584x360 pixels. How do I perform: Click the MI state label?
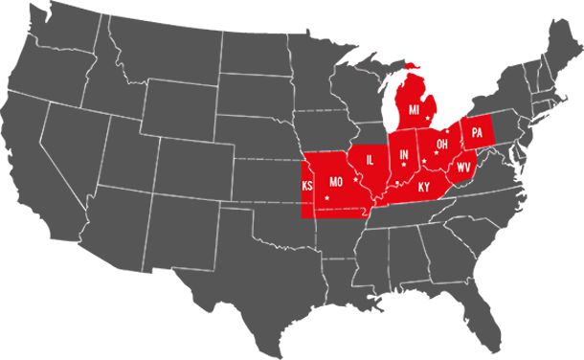coord(415,110)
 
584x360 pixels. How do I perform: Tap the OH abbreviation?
coord(442,145)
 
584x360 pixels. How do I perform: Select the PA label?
coord(477,133)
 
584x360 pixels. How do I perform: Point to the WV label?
coord(463,168)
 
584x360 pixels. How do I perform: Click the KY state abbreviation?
coord(424,188)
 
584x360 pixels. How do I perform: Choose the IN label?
coord(404,154)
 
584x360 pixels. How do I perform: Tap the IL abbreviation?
coord(370,160)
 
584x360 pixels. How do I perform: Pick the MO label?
coord(336,182)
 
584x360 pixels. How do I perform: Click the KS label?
coord(307,186)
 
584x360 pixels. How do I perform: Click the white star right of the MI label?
coord(428,117)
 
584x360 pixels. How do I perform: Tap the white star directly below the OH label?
coord(437,153)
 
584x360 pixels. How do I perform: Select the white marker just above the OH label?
coord(447,131)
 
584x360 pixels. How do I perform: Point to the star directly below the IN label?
coord(404,165)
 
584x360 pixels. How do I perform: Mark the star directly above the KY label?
coord(424,161)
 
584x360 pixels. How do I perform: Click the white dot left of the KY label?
coord(397,182)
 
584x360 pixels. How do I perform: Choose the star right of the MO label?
coord(355,179)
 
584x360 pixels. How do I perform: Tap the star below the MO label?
coord(327,198)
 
